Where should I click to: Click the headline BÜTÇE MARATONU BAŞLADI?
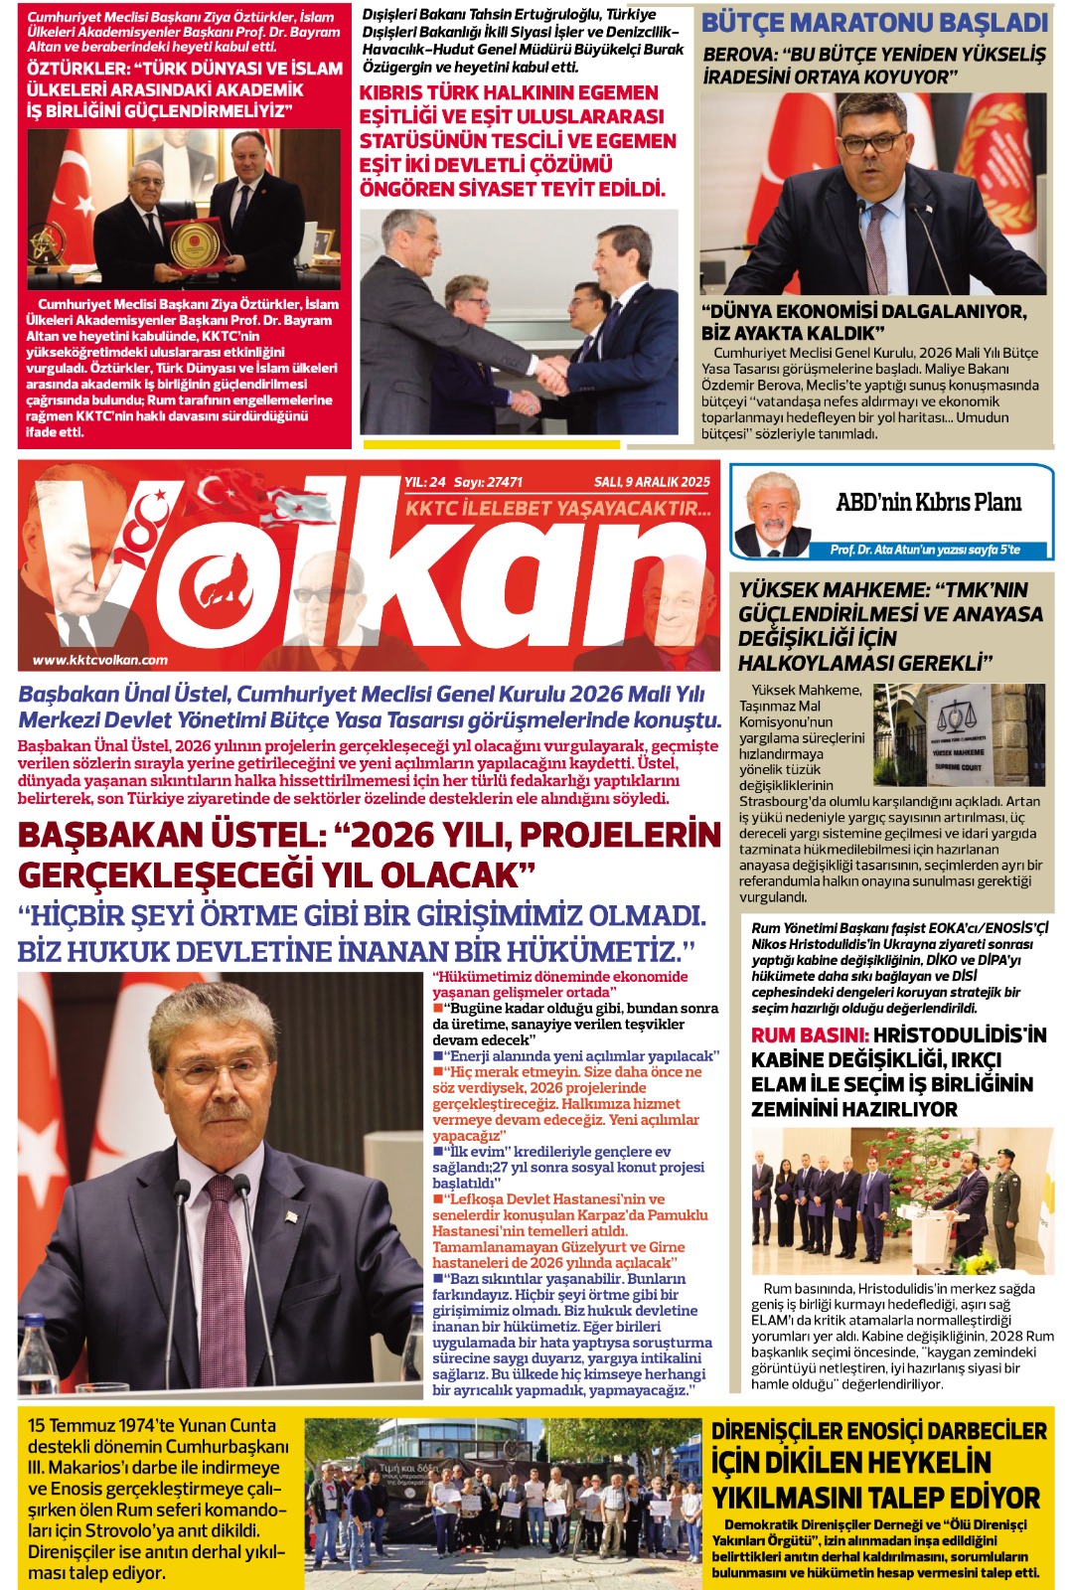[874, 22]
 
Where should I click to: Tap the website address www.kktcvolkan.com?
[99, 659]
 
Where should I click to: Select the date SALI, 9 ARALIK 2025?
[652, 482]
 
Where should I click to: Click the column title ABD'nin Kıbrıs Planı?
[928, 502]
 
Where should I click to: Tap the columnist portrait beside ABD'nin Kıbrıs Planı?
[771, 514]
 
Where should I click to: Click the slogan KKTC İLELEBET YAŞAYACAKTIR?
[558, 508]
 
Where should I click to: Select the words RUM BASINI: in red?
[810, 1034]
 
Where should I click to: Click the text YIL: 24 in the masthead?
[424, 482]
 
